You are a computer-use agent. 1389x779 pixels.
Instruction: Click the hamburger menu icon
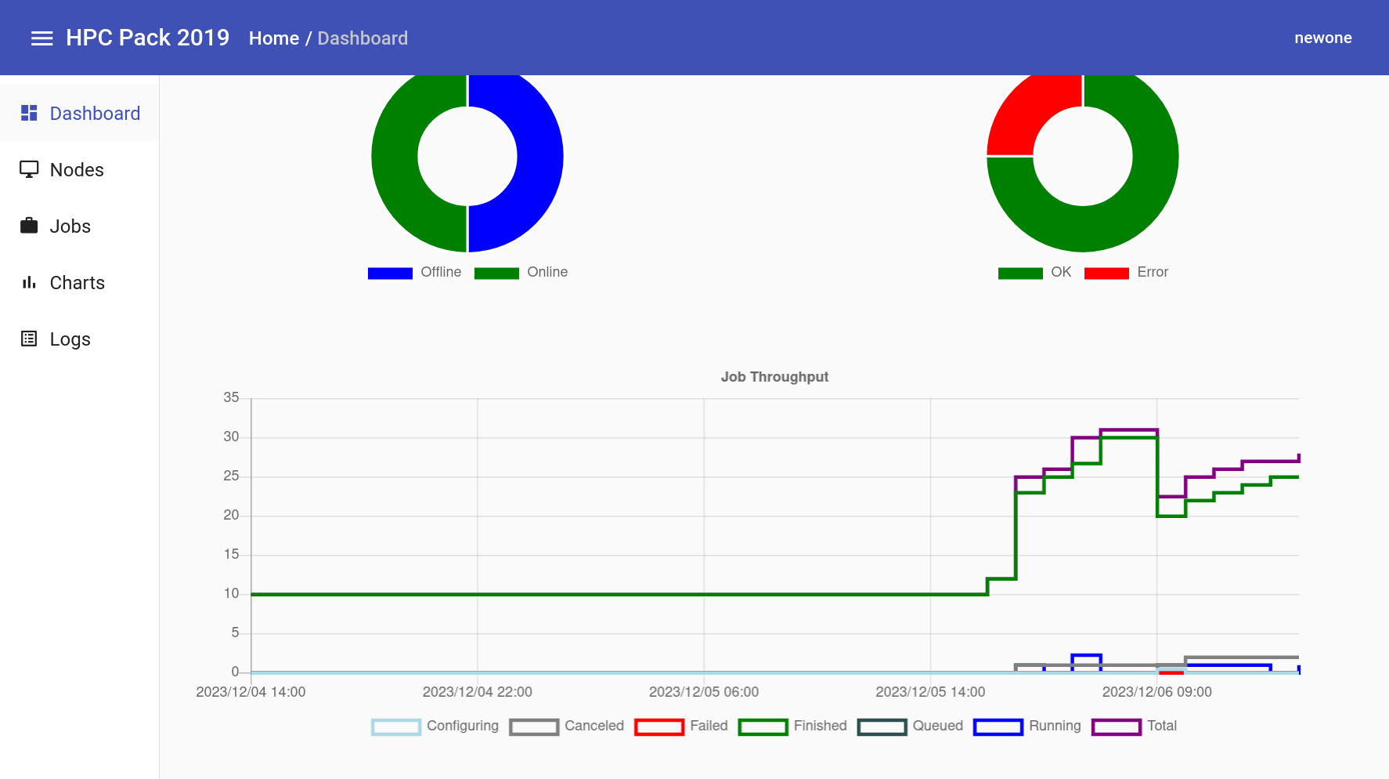[41, 38]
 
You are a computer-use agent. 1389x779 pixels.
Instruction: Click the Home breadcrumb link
[273, 38]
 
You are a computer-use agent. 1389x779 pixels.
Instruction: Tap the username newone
[1322, 38]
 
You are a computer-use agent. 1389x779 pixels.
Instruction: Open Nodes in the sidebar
[76, 170]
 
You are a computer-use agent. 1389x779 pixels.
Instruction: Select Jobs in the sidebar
[70, 226]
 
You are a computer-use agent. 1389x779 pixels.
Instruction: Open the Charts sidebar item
[77, 283]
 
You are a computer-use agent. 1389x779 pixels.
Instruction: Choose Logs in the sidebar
[70, 339]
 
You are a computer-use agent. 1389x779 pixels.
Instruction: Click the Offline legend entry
[415, 273]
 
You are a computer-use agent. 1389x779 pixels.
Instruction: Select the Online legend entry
[521, 273]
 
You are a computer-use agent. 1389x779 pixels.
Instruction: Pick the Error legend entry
[1127, 273]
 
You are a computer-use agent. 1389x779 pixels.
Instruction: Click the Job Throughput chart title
[774, 377]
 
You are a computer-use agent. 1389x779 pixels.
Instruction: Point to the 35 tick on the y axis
[231, 397]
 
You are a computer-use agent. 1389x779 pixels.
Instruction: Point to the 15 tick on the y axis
[231, 554]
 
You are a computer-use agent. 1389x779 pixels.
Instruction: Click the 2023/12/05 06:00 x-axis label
[703, 692]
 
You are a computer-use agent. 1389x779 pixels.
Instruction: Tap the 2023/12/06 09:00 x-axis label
[1156, 692]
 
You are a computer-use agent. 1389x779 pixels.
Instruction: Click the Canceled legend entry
[567, 726]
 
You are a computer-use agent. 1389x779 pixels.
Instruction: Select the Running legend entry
[1027, 726]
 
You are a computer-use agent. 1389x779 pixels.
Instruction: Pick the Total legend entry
[1135, 726]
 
